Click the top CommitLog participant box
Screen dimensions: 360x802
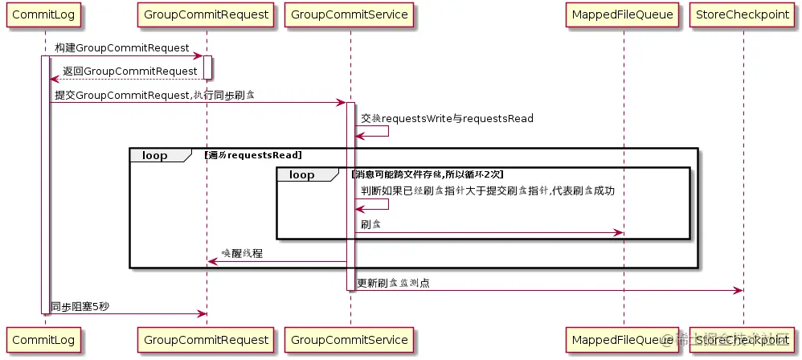tap(44, 15)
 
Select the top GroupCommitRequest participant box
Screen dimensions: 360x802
tap(207, 15)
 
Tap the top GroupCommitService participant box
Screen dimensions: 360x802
tap(350, 15)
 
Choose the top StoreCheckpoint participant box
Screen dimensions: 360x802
tap(743, 15)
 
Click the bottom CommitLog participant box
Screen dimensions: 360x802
tap(44, 341)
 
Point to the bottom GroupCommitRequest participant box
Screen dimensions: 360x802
tap(207, 341)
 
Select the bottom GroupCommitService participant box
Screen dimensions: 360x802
tap(350, 341)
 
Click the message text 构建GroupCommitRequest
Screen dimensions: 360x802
tap(122, 49)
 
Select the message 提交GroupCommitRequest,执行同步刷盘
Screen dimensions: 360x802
tap(154, 96)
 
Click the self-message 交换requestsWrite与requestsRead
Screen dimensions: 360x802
tap(447, 119)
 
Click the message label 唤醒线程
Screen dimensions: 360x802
tap(241, 253)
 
